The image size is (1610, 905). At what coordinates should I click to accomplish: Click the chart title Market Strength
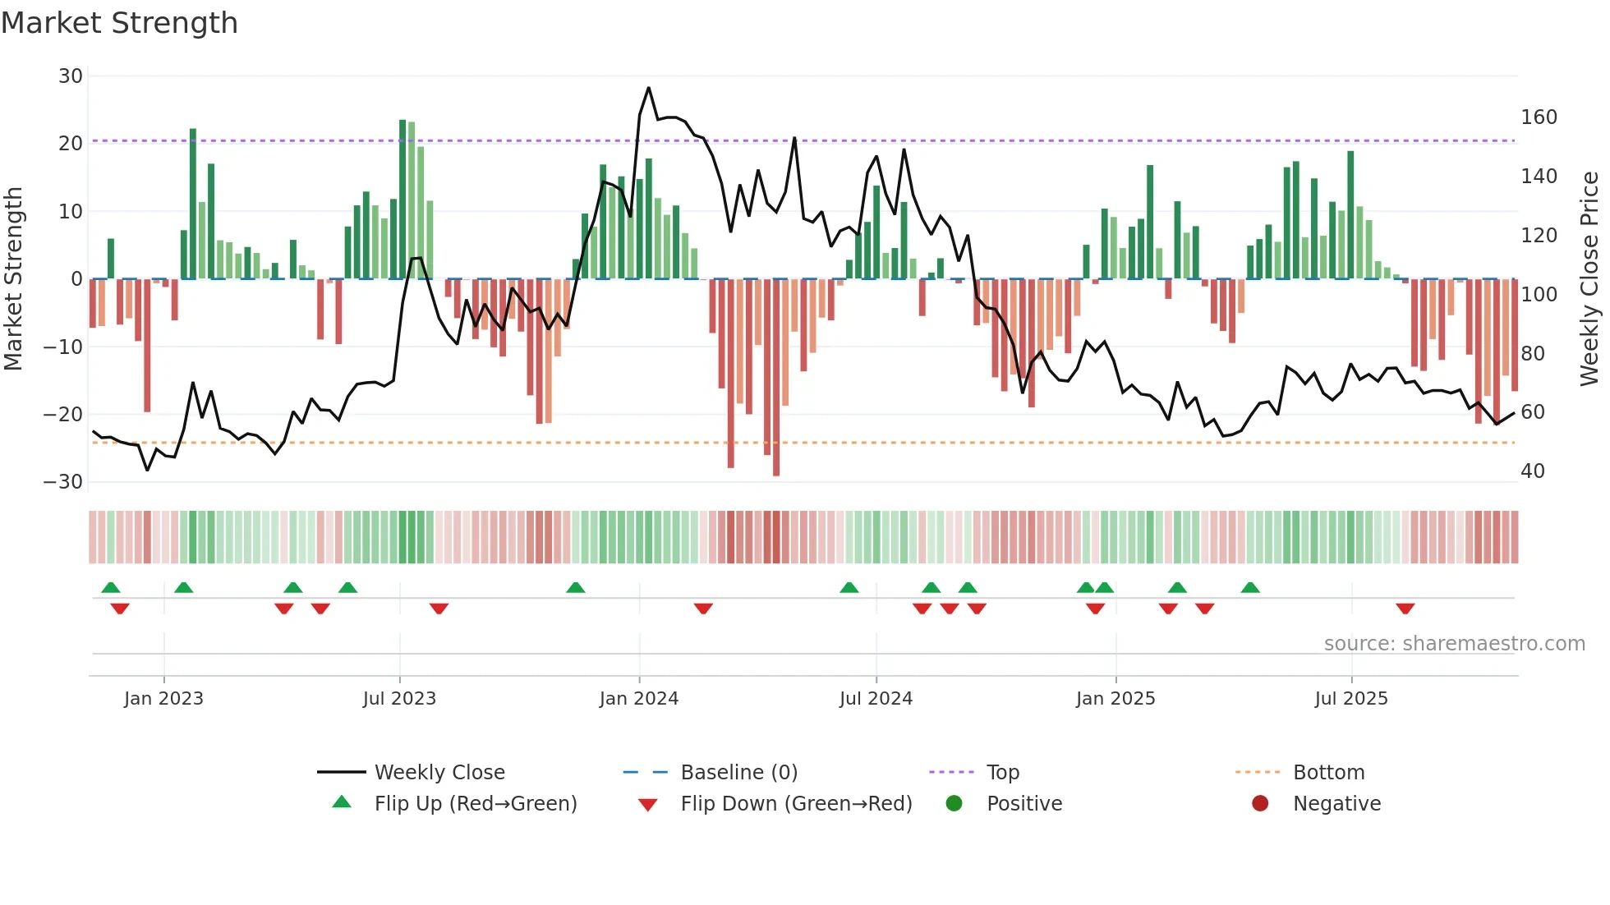pos(119,23)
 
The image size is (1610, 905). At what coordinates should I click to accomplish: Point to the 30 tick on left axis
pos(71,76)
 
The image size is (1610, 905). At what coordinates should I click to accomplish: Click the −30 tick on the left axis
pos(63,482)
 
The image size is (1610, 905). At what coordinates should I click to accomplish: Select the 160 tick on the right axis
pos(1539,117)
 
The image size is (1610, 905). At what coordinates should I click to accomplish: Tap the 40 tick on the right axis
pos(1533,471)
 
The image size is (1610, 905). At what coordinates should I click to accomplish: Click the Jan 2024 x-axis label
pos(639,699)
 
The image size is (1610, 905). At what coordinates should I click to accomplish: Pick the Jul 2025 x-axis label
pos(1351,699)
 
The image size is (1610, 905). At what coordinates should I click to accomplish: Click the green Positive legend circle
pos(954,804)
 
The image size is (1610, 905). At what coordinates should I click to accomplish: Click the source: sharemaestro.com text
pos(1454,644)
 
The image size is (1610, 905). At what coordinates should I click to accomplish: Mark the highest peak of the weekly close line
pos(648,88)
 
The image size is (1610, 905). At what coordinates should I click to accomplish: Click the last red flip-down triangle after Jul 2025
pos(1405,609)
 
